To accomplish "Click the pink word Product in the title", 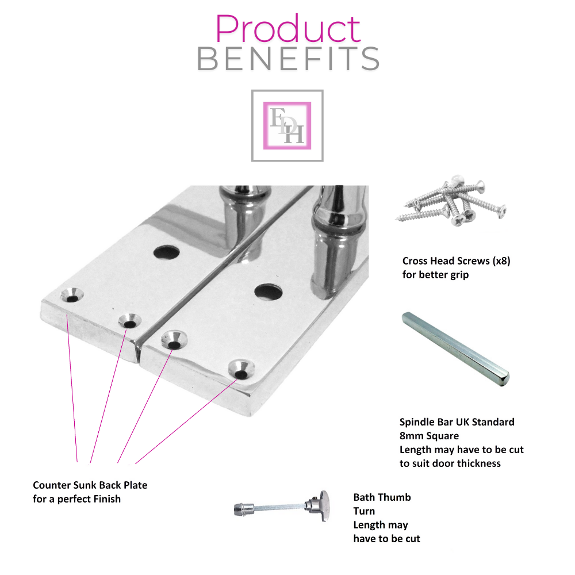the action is click(288, 29).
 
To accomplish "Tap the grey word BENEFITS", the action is click(288, 59).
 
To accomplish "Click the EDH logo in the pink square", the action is click(287, 125).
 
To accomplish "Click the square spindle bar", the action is click(455, 349).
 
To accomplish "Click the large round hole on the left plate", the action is click(167, 252).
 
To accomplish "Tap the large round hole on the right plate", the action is click(269, 291).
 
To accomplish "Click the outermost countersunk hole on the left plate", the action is click(72, 295).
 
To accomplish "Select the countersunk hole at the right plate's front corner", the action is click(241, 370).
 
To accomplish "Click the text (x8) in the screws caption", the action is click(501, 260).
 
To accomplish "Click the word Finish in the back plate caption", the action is click(107, 499).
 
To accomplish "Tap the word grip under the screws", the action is click(459, 275).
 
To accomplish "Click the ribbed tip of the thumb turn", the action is click(239, 509).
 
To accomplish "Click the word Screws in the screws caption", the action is click(473, 260).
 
